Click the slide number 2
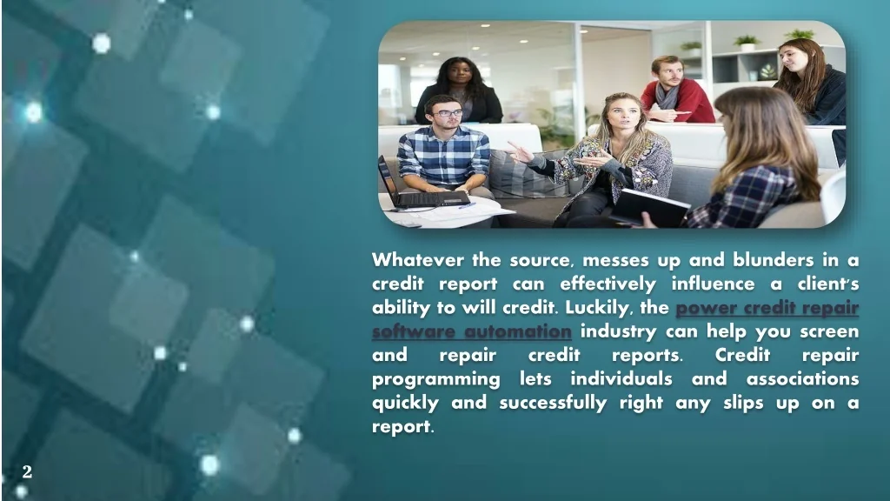click(27, 471)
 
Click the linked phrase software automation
click(472, 331)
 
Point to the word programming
click(436, 379)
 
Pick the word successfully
click(553, 403)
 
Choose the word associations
click(802, 378)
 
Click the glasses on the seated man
click(448, 113)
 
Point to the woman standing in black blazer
click(459, 90)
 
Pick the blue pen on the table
click(467, 205)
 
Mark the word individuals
click(621, 378)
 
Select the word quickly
click(405, 403)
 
